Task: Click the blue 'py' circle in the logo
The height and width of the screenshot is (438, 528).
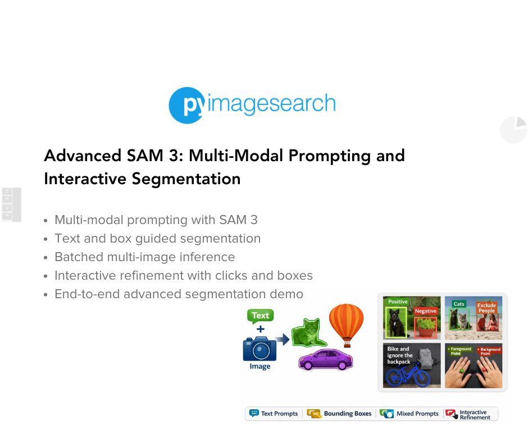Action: coord(186,105)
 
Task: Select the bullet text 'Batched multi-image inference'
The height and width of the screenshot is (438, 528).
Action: coord(144,257)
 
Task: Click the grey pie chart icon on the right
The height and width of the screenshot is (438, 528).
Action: coord(514,130)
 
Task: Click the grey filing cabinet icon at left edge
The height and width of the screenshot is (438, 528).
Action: coord(11,204)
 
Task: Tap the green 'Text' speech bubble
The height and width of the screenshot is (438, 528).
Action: coord(260,316)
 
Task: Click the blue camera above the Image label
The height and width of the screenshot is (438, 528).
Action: coord(260,348)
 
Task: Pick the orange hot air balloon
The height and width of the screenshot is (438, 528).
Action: coord(346,323)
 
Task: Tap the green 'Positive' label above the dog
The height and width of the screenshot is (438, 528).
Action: coord(398,302)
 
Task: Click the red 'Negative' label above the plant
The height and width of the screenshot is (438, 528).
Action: coord(425,311)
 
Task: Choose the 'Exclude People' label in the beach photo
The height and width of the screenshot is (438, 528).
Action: coord(486,308)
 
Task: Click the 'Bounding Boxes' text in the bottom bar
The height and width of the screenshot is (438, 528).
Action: coord(347,414)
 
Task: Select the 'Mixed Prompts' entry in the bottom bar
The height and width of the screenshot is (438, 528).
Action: coord(417,414)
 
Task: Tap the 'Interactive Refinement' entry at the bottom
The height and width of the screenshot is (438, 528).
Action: coord(474,414)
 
